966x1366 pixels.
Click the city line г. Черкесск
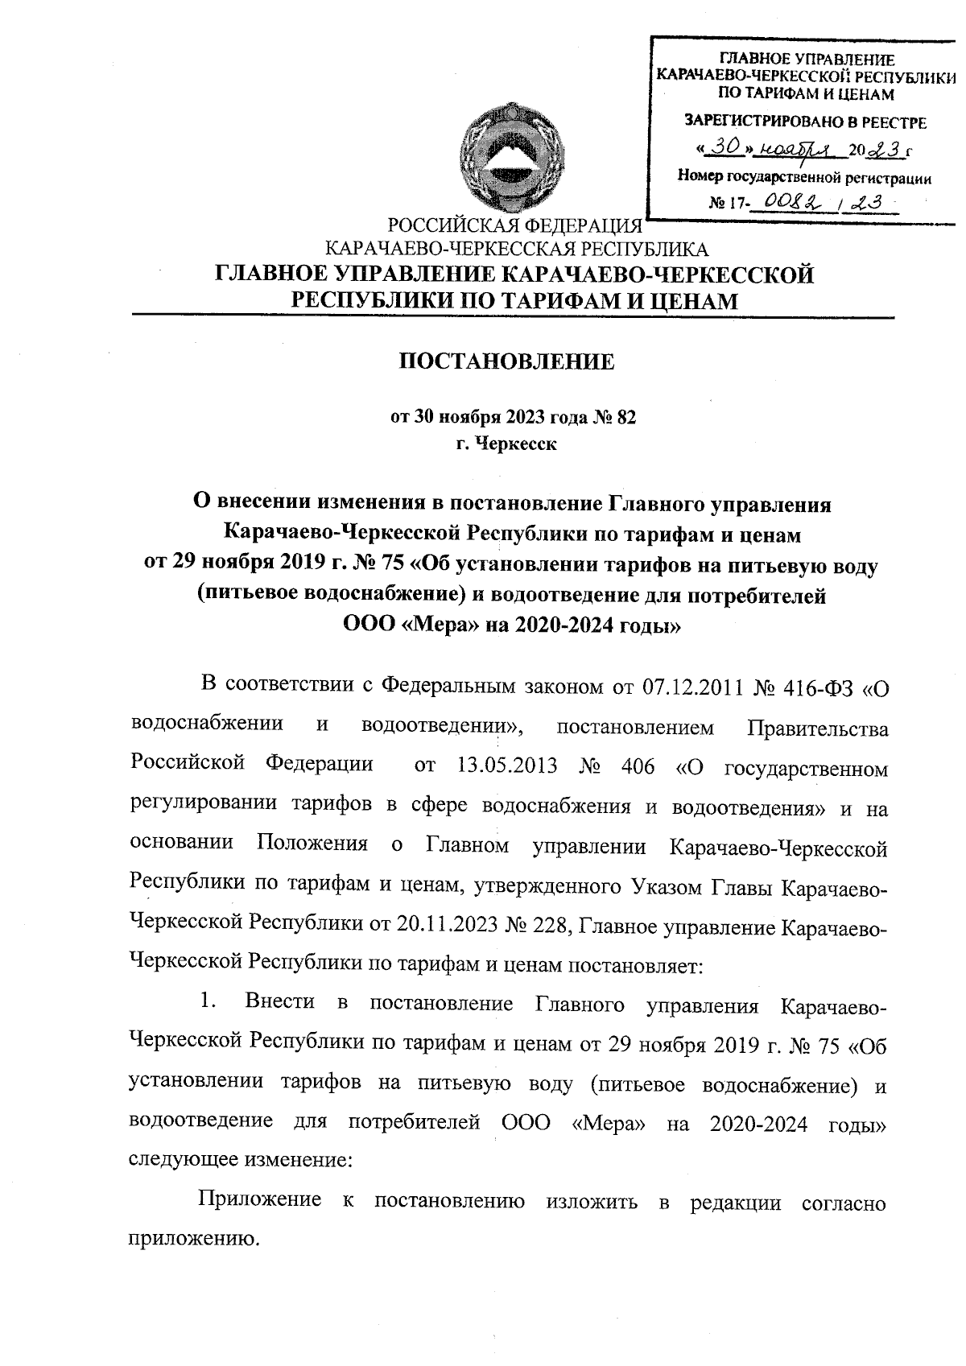[506, 443]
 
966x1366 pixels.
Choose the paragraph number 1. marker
[208, 1003]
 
